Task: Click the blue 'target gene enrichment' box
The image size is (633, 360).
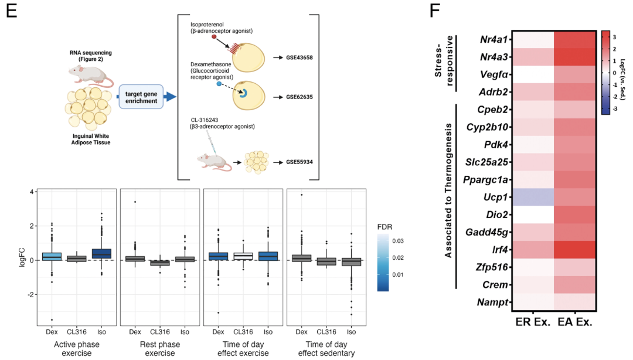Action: tap(141, 97)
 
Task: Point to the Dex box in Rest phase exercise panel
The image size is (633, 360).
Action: tap(135, 259)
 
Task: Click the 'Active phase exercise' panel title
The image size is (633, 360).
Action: tap(77, 347)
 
